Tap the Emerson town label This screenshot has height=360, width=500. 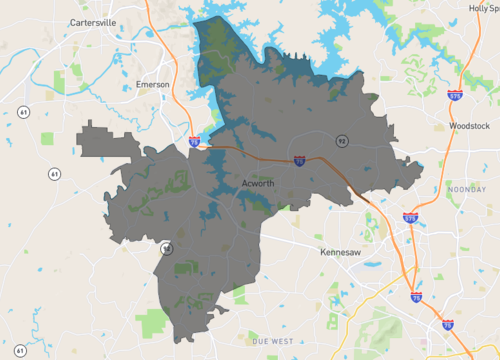(152, 84)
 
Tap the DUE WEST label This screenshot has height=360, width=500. (273, 342)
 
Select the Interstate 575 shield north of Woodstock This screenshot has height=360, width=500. (456, 96)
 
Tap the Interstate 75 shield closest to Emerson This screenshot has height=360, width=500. (193, 143)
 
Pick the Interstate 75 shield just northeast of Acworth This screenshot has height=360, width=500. (299, 159)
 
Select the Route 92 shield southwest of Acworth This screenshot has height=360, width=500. (166, 248)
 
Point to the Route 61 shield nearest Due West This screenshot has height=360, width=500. (21, 351)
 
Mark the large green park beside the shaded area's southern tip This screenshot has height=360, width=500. (153, 323)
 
